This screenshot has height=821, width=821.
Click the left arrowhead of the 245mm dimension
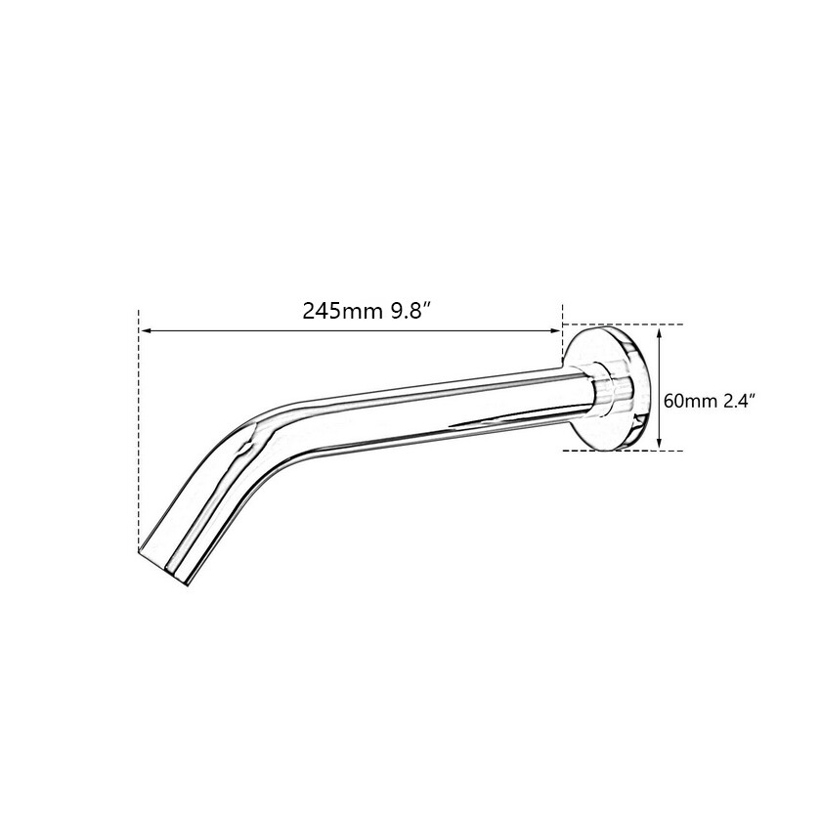pos(145,330)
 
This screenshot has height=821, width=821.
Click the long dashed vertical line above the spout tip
pos(139,430)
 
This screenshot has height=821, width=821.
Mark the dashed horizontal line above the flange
pos(626,324)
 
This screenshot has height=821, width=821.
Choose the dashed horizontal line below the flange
pos(626,451)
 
